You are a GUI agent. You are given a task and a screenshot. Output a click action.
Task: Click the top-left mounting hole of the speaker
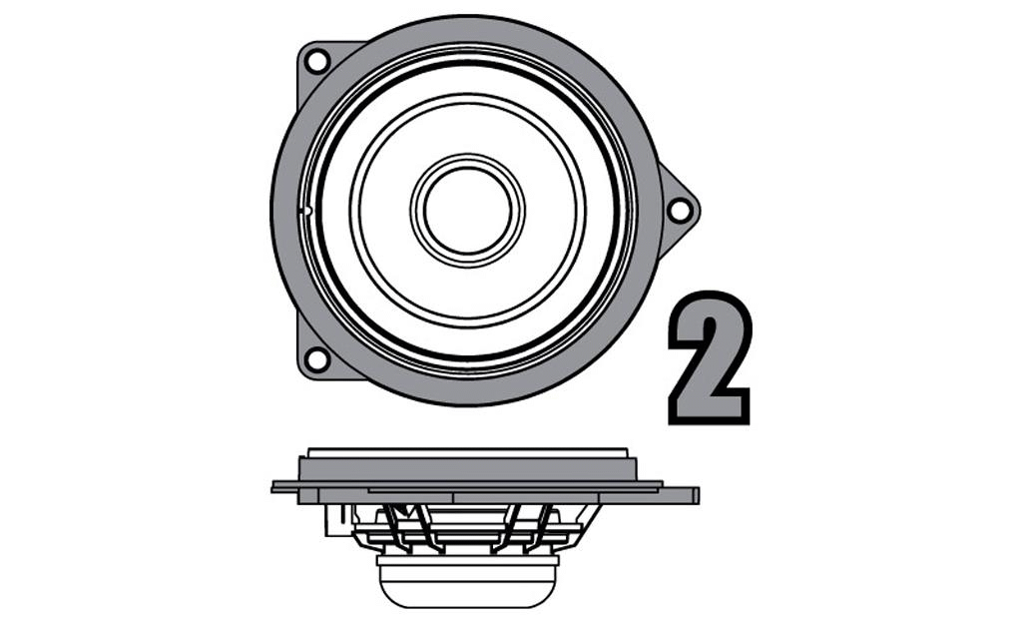pos(316,61)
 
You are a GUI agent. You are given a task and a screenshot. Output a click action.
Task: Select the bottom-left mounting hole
pos(315,358)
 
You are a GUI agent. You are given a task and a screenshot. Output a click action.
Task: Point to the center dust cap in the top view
pos(467,210)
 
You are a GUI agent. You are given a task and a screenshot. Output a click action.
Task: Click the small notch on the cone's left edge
pos(306,211)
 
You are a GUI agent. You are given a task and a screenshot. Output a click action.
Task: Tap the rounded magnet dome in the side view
pos(467,588)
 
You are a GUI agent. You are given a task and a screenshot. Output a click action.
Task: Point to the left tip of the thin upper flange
pos(276,487)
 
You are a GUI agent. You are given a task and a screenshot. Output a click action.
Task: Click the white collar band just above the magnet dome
pos(467,561)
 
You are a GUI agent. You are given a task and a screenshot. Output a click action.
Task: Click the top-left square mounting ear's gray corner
pos(305,50)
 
